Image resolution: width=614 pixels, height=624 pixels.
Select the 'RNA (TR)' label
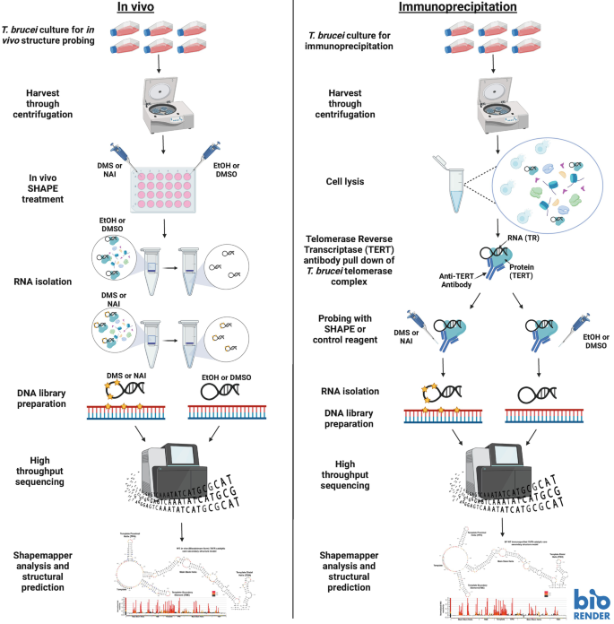coord(525,239)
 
